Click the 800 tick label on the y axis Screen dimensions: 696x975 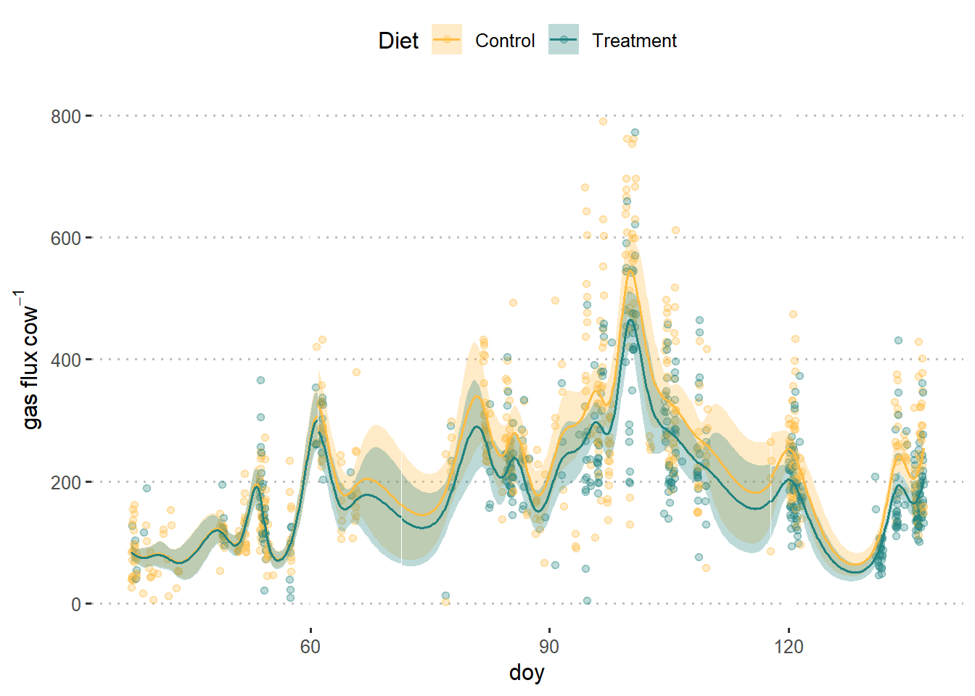click(65, 116)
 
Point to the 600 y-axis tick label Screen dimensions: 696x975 click(65, 238)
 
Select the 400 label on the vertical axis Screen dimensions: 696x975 click(65, 360)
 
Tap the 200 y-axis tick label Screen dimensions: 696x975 click(65, 482)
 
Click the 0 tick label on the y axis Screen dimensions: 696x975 click(76, 604)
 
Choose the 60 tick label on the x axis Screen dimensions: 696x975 click(310, 647)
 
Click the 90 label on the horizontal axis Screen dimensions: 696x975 click(549, 647)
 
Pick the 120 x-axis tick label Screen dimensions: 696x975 click(789, 647)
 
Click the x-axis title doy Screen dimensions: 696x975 click(527, 673)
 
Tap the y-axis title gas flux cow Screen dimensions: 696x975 click(29, 360)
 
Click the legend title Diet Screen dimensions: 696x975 click(398, 41)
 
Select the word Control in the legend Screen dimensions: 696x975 click(505, 41)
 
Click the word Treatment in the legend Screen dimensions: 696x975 click(634, 41)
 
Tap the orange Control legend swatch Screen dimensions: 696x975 click(447, 40)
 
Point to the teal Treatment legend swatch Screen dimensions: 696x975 click(564, 40)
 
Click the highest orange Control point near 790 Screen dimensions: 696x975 click(603, 121)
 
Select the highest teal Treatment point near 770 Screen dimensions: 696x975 click(635, 133)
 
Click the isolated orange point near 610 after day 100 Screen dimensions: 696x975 click(675, 231)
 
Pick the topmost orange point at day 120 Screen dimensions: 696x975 click(793, 315)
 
